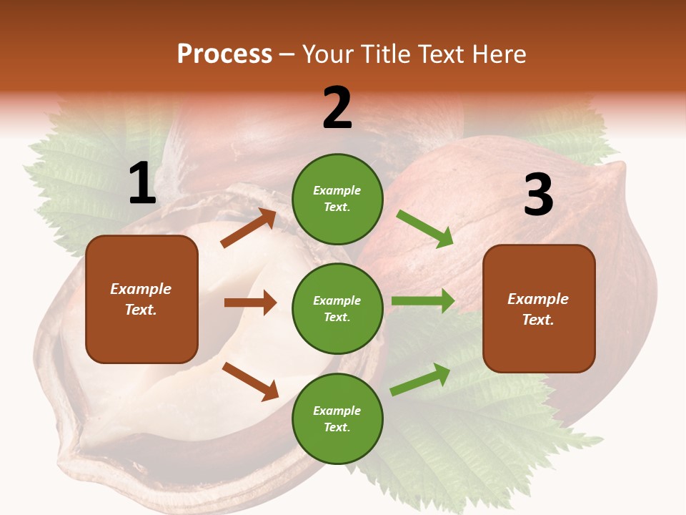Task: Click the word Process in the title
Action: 224,54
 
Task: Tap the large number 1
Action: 141,184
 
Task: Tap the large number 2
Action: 337,108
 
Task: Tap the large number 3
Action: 538,195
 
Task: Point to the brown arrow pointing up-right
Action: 249,228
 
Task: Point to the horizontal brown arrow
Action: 250,303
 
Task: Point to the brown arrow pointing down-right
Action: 250,381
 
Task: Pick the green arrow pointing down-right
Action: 424,228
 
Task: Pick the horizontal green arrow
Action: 422,301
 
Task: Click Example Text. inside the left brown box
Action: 141,299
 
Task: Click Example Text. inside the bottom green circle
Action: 337,418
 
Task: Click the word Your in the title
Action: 326,54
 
